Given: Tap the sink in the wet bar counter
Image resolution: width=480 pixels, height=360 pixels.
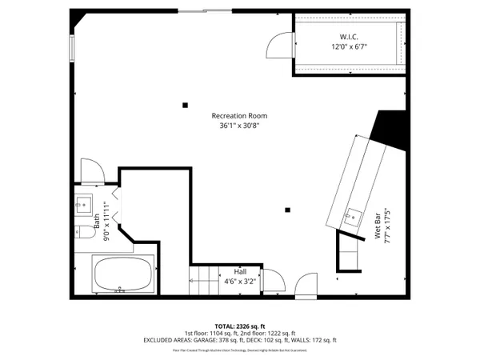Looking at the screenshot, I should (353, 214).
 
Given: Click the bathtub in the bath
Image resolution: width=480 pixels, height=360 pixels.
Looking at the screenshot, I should (123, 275).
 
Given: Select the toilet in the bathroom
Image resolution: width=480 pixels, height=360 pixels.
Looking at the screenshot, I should (83, 232).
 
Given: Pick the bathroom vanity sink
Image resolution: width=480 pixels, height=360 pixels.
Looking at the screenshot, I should (84, 205).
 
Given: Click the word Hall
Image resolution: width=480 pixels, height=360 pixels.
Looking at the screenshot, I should (239, 271).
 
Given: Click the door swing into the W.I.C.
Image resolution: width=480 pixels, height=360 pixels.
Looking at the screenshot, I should (281, 44).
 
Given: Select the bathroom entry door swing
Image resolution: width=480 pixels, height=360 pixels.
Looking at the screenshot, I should (90, 170).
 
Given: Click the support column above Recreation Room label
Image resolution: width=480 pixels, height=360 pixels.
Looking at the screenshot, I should (186, 104).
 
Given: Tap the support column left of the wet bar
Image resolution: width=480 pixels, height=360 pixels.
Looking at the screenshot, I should (287, 210).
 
